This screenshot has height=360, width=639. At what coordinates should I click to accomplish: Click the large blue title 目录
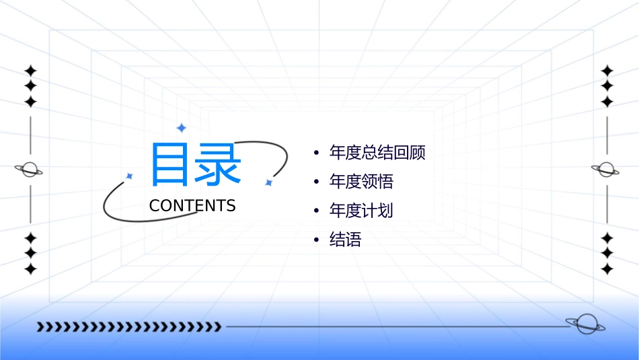point(195,165)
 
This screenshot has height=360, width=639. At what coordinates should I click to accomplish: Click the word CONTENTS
point(192,206)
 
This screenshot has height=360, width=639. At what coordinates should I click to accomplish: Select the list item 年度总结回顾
point(377,153)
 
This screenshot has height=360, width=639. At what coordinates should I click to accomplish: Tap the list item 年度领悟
point(361,182)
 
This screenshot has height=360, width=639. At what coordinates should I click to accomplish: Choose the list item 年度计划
point(361,211)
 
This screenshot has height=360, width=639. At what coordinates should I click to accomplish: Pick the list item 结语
point(345,240)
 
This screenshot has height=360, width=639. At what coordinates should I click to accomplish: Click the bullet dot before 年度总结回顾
point(316,153)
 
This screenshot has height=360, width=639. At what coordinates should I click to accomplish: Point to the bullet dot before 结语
point(316,240)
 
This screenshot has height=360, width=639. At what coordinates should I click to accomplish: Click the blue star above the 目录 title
point(180,127)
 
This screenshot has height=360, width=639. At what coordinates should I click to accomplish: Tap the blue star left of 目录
point(130,176)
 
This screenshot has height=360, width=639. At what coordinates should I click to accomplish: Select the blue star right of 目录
point(268,182)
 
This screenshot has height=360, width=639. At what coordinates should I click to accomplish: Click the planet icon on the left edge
point(30,170)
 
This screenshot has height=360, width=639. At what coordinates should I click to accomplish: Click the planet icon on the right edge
point(607,170)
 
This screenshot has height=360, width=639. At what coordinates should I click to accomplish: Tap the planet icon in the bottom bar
point(585,324)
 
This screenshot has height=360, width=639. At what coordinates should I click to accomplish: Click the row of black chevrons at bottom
point(128,327)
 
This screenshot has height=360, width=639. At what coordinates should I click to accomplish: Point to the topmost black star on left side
point(30,71)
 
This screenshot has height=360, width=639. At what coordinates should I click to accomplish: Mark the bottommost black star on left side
point(30,269)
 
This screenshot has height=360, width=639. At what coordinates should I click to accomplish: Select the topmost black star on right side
point(607,71)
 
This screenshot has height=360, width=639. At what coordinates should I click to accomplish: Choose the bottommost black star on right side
point(607,269)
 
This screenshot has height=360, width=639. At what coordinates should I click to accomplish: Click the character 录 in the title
point(219,165)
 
